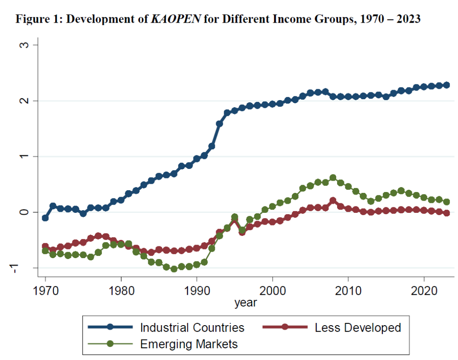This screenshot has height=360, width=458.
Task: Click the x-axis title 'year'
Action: point(246,303)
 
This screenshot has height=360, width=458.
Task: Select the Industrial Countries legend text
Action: point(192,327)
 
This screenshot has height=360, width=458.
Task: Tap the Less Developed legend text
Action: point(358,327)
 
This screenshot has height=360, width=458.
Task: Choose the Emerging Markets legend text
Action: point(189,344)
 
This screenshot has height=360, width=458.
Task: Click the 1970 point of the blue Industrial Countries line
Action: point(45,218)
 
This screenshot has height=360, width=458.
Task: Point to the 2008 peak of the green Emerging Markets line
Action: point(333,178)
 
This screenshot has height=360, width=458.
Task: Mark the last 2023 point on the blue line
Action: point(447,85)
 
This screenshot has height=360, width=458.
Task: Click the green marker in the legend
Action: point(110,344)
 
